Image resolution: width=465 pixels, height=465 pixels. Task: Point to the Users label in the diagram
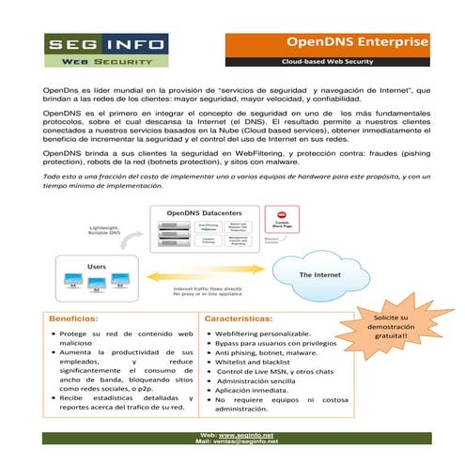pos(97,267)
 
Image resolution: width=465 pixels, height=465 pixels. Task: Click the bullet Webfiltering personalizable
pos(262,333)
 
